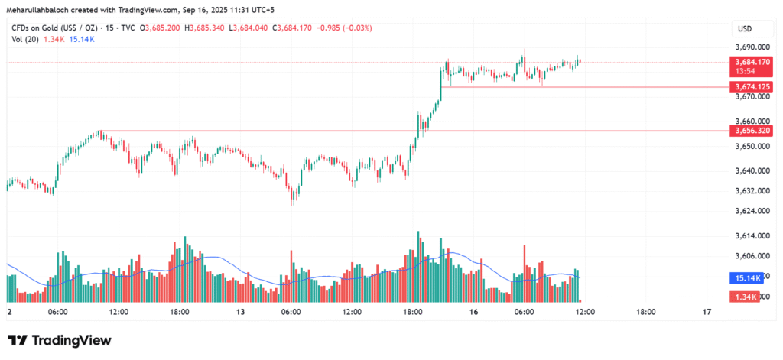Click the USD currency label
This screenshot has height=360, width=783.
coord(743,29)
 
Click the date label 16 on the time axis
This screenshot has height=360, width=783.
coord(474,312)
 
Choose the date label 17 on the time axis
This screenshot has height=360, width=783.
coord(707,312)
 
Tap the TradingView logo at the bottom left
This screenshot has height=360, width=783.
coord(60,340)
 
